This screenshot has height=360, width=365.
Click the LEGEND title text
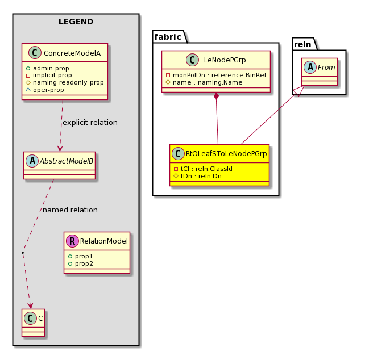[76, 22]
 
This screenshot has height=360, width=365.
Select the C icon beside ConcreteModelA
[35, 52]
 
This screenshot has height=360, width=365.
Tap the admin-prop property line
[48, 68]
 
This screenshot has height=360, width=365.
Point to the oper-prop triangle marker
[28, 90]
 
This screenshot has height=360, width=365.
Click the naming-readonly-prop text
[68, 82]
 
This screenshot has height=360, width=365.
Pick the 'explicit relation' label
[90, 122]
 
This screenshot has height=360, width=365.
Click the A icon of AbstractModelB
[32, 161]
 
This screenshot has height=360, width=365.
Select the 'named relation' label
[70, 210]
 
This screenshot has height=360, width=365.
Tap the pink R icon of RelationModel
[72, 241]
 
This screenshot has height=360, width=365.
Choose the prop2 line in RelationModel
[81, 263]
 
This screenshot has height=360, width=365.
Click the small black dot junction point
[23, 253]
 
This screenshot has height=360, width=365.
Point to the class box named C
[34, 323]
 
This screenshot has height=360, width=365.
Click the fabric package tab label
[168, 37]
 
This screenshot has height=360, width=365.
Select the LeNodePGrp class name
[225, 60]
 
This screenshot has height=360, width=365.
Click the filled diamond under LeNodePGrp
[216, 96]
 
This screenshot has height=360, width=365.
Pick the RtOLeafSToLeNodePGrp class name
[226, 153]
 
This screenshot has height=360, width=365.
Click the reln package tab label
[302, 44]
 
